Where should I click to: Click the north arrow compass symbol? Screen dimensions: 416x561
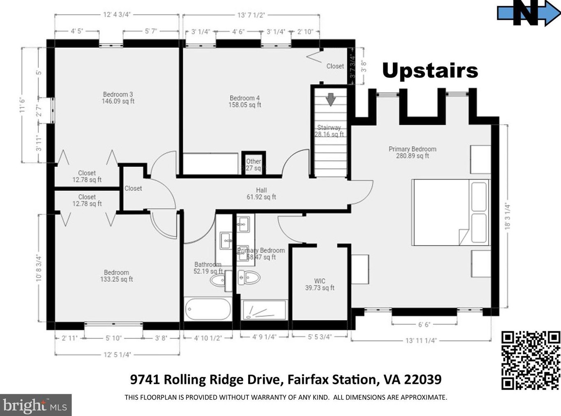point(528,13)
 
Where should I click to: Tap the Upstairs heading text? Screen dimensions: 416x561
point(430,71)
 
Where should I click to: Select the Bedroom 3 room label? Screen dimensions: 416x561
point(118,98)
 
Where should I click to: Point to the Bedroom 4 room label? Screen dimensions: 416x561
point(245,101)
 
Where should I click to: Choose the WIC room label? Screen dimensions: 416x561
point(320,284)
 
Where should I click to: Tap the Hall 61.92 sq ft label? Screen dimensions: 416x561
point(261,194)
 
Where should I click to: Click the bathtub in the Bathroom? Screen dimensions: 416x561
point(208,309)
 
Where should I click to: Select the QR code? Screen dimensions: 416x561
point(530,360)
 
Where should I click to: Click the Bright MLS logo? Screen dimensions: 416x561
point(36,405)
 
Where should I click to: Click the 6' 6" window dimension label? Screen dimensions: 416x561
point(424,325)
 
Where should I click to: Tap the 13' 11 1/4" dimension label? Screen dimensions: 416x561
point(421,340)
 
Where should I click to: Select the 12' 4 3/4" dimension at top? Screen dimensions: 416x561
point(117,15)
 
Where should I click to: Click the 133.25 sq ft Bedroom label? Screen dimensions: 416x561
point(116,276)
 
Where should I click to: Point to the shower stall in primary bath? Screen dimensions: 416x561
point(263,310)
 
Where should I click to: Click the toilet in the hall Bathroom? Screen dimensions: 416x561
point(218,281)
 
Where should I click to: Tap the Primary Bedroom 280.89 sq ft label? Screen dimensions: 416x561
point(412,153)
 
